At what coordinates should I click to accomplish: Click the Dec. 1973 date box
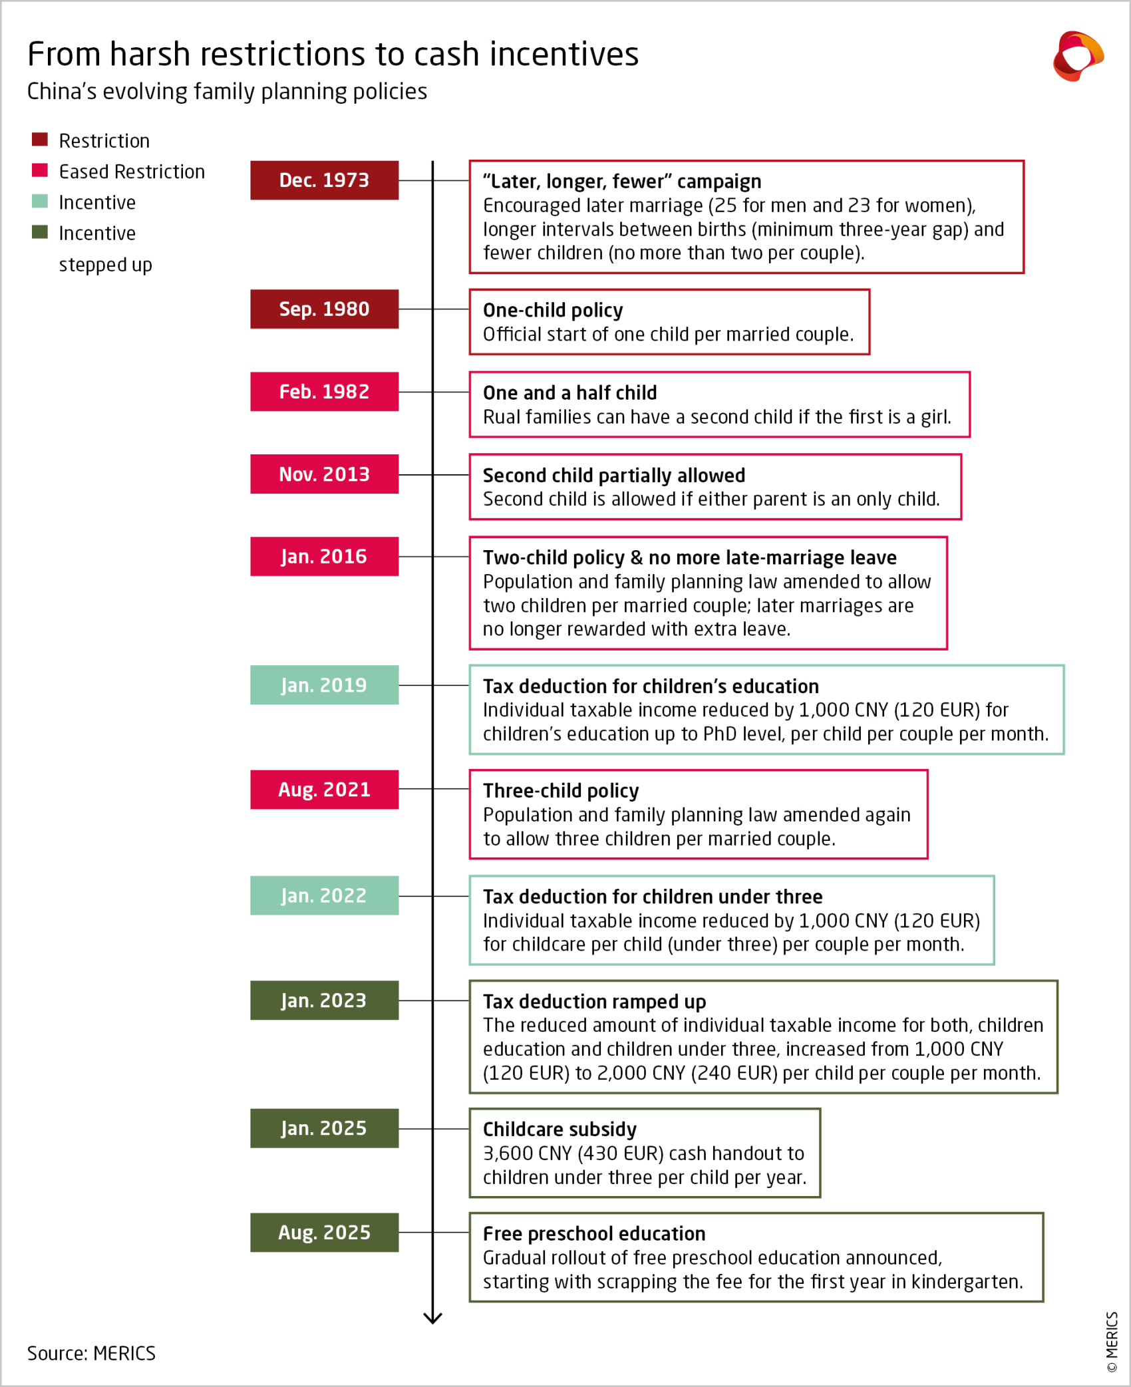324,180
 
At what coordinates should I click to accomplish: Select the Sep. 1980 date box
324,309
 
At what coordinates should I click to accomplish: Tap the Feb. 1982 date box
324,391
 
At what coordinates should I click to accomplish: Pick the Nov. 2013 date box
324,474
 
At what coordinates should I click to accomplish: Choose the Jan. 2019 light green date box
324,685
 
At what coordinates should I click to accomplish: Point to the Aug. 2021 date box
324,789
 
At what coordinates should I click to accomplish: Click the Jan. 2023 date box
324,1000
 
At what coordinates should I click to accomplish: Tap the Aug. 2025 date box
324,1232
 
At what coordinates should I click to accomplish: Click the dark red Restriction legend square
40,139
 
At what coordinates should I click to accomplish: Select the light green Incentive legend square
40,201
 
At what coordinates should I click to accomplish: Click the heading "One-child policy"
553,310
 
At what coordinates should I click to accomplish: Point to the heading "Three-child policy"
561,790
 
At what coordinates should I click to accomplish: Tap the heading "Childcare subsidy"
560,1129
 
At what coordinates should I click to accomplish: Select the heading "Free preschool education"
594,1233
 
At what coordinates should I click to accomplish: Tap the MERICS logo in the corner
1078,56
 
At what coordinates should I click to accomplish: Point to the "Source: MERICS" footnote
91,1353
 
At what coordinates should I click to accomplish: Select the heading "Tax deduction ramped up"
594,1001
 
